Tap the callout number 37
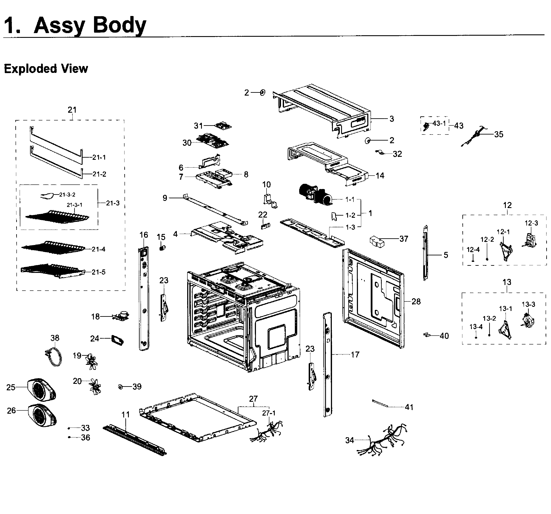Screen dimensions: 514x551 [x=404, y=239]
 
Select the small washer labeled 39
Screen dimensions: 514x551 [x=120, y=386]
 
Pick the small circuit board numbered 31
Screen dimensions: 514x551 [x=223, y=126]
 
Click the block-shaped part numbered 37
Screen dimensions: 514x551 [x=377, y=242]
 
